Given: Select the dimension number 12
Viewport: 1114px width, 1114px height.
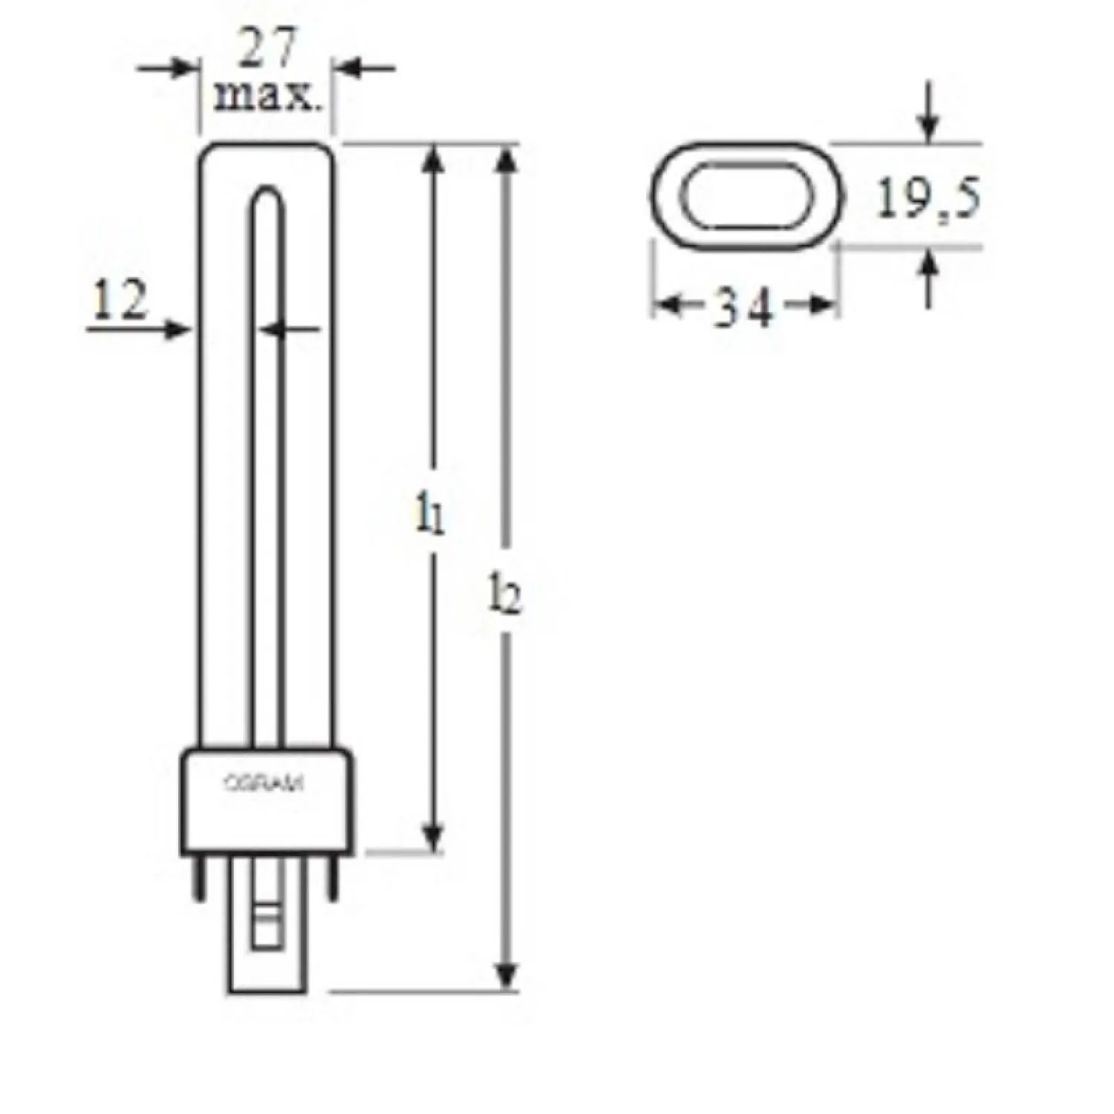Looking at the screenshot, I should (120, 302).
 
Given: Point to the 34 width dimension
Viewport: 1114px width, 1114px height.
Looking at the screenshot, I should (743, 307).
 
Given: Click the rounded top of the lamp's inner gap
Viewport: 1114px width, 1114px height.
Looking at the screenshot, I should (266, 197).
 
